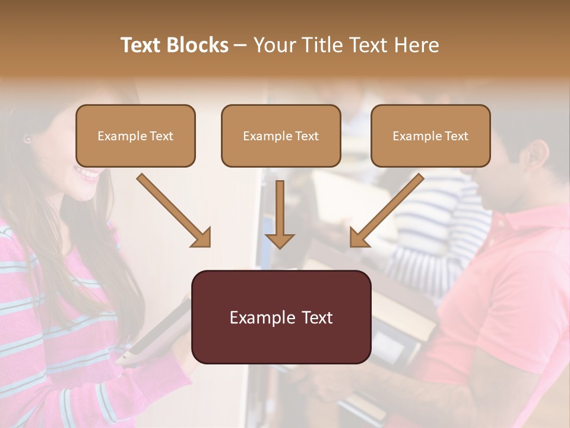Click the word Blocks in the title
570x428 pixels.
click(x=197, y=45)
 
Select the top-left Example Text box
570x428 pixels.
click(x=135, y=136)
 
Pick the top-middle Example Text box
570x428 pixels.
click(x=281, y=136)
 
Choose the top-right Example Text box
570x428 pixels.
click(x=430, y=136)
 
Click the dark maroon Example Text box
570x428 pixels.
click(x=281, y=317)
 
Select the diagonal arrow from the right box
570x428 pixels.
click(x=386, y=210)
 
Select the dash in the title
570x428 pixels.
click(x=240, y=45)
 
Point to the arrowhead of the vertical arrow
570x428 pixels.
click(x=280, y=240)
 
